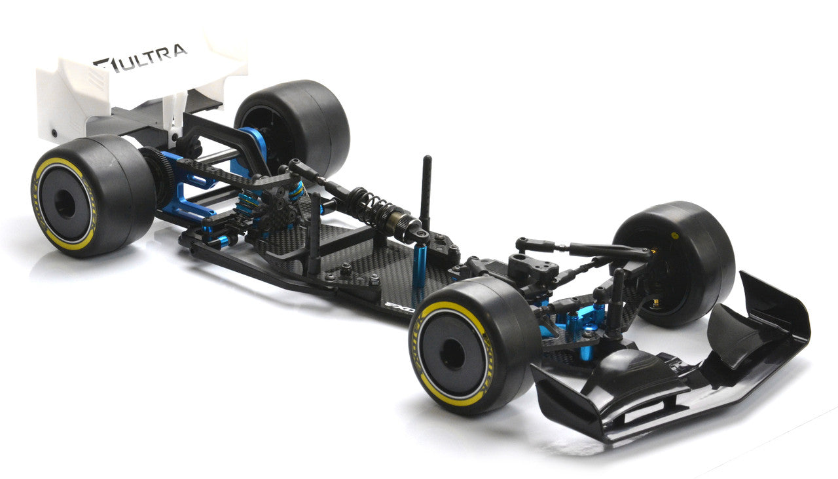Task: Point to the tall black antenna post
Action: (x=427, y=190)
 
